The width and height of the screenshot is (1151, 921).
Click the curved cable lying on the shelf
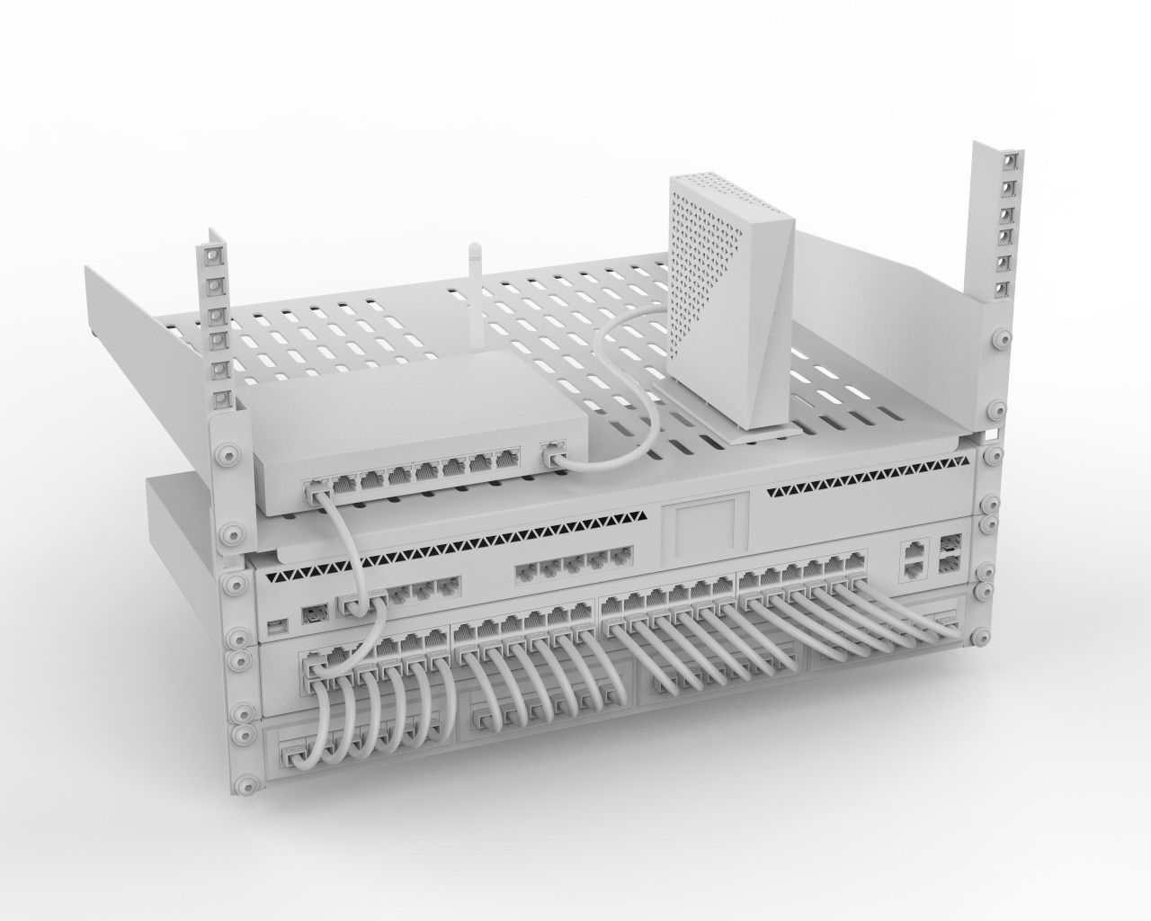[620, 396]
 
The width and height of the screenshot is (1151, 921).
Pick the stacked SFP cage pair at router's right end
[950, 552]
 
